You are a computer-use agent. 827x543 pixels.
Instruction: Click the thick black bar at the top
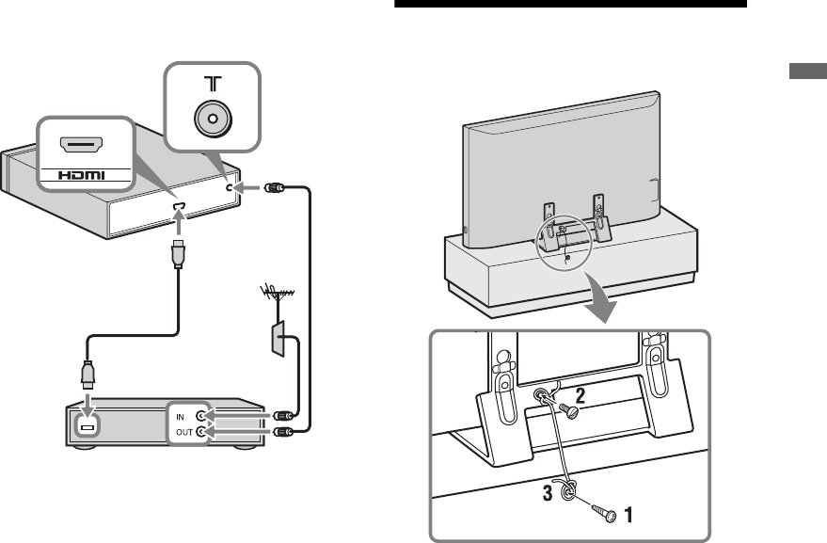(x=570, y=4)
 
